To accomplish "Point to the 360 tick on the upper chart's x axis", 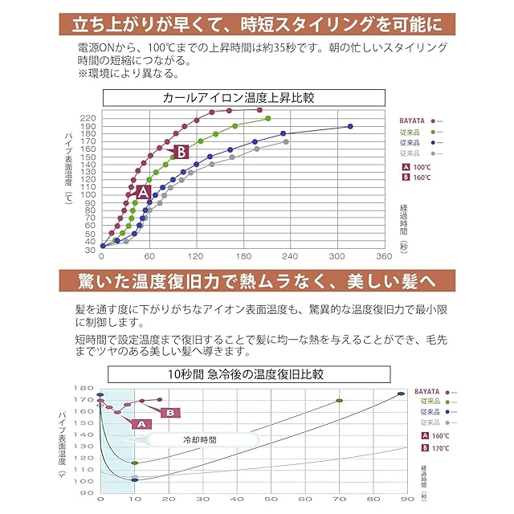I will pyautogui.click(x=385, y=256).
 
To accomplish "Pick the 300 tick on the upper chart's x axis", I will pyautogui.click(x=337, y=256).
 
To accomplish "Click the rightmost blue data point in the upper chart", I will pyautogui.click(x=350, y=126).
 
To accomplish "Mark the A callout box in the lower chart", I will pyautogui.click(x=139, y=423).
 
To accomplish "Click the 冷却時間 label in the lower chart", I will pyautogui.click(x=194, y=440).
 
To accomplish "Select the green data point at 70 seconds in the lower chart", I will pyautogui.click(x=340, y=400).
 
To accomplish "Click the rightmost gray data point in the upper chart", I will pyautogui.click(x=285, y=141).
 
